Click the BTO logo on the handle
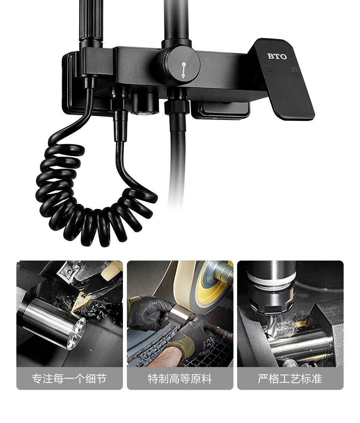277,56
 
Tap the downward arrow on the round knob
184,70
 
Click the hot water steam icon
269,69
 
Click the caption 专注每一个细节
69,379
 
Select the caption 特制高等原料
180,379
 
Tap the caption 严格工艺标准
290,379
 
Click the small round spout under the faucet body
143,104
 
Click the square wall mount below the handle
220,110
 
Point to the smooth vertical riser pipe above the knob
176,20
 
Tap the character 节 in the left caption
101,379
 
